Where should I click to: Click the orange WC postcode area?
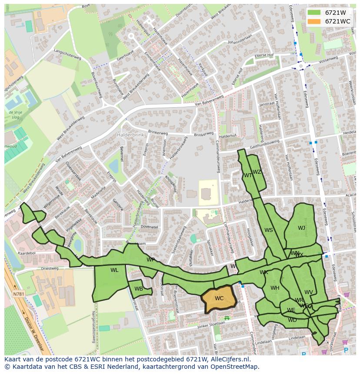pyautogui.click(x=219, y=299)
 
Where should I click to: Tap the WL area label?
pyautogui.click(x=114, y=270)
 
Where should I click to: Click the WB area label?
pyautogui.click(x=139, y=289)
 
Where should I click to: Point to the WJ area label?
pyautogui.click(x=301, y=228)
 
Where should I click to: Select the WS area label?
pyautogui.click(x=269, y=230)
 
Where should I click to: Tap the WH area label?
pyautogui.click(x=275, y=288)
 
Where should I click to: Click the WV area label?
pyautogui.click(x=309, y=292)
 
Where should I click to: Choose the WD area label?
pyautogui.click(x=292, y=320)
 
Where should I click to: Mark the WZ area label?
pyautogui.click(x=257, y=172)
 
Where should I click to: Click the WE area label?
pyautogui.click(x=291, y=310)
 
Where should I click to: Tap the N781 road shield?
pyautogui.click(x=19, y=294)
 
